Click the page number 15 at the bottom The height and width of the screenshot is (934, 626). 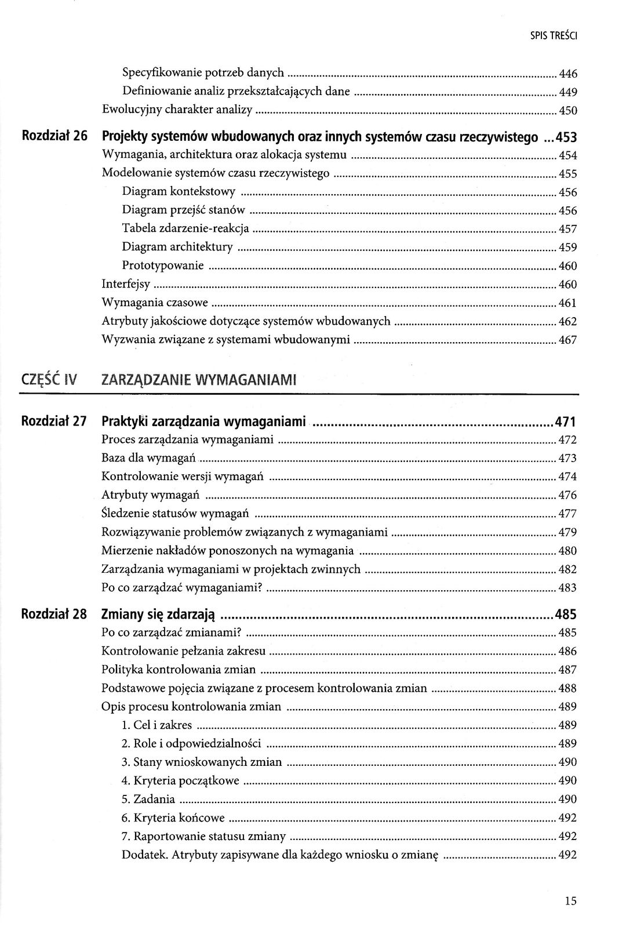[x=570, y=900]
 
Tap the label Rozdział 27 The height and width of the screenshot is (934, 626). [x=54, y=421]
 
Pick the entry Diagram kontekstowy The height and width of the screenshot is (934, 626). [x=179, y=192]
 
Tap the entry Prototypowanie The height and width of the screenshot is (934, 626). [x=163, y=266]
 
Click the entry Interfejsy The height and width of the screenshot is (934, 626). [x=126, y=284]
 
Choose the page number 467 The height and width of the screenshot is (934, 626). [x=567, y=340]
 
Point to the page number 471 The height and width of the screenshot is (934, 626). [x=565, y=421]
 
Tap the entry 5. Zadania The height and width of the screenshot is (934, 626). [x=148, y=799]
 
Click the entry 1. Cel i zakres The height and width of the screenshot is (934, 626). [x=156, y=725]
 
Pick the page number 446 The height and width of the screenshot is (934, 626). [x=567, y=74]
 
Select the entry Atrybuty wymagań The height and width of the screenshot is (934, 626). [x=151, y=495]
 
